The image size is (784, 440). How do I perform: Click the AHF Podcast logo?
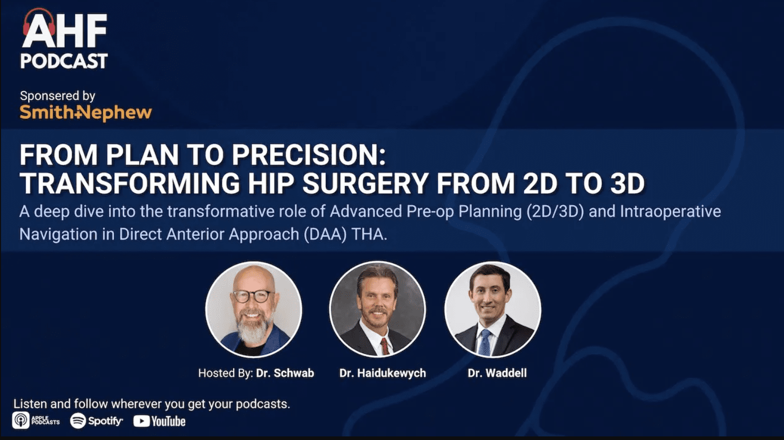coord(64,39)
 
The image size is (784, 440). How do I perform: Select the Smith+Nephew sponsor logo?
coord(86,113)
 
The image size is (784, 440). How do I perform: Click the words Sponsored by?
coord(58,96)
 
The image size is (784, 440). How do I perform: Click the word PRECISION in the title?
coord(309,155)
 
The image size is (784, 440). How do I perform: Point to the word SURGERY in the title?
coord(365,183)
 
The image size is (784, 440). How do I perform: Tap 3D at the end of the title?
coord(627,183)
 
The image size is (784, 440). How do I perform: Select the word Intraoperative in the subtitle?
coord(670,211)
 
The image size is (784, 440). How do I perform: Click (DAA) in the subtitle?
coord(325,234)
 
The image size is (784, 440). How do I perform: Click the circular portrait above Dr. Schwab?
coord(254,309)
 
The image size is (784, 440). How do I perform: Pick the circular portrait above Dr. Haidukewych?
coord(378,309)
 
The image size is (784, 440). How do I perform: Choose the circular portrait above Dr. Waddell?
coord(493,309)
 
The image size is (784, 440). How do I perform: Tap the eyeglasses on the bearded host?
coord(253,296)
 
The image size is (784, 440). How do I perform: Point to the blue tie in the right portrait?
coord(485,342)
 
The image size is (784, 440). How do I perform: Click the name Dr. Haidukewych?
coord(383,373)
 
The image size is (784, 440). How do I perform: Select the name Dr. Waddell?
coord(497,373)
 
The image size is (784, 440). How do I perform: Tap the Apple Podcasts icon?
coord(21,420)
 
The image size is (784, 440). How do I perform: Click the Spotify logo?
coord(97,421)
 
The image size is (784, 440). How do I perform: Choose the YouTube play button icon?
coord(141,421)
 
